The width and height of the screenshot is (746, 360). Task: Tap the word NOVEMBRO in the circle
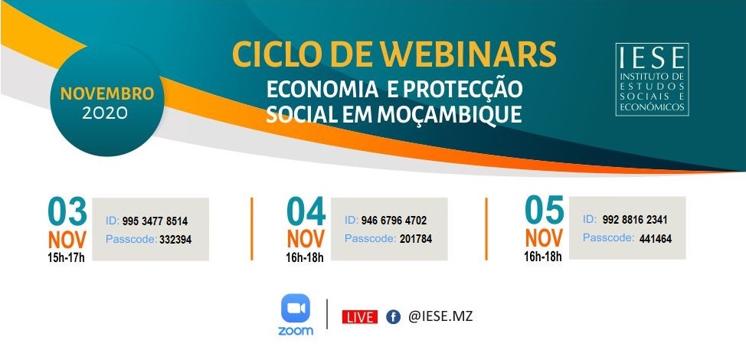coord(107,93)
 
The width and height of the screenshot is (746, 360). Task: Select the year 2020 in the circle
coord(105,113)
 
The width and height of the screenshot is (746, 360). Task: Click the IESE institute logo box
coord(652,80)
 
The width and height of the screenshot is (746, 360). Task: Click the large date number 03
coord(67,211)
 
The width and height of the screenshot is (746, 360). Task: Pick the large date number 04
coord(306,211)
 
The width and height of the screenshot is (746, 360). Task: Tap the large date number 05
coord(545,210)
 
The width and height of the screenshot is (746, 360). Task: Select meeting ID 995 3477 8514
coord(155,221)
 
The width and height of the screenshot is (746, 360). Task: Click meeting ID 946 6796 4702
coord(394,221)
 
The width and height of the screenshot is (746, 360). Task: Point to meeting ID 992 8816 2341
coord(635,220)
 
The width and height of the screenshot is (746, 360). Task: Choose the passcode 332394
coord(175,240)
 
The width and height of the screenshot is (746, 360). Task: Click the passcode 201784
coord(416,239)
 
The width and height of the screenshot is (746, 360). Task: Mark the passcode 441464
coord(656,239)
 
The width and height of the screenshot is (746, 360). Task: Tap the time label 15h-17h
coord(66,259)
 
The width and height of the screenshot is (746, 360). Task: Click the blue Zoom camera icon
coord(296,308)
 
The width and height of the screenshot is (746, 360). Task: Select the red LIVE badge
coord(360,317)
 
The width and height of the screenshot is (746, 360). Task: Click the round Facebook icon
coord(393,317)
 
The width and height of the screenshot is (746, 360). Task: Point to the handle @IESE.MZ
coord(440,316)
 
